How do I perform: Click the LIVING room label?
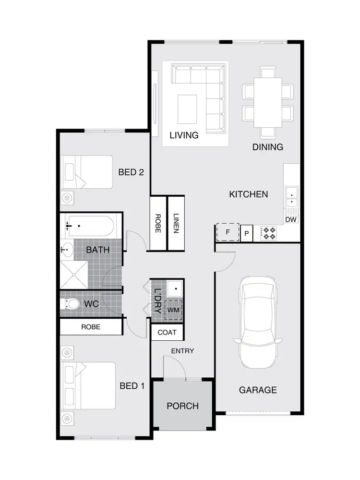tap(184, 135)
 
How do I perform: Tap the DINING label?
tap(268, 147)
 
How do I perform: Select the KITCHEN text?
tap(248, 194)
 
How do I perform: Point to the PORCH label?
tap(182, 406)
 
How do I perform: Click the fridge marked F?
tap(228, 232)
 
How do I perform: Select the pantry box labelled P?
tap(247, 233)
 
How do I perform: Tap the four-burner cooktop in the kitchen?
tap(268, 233)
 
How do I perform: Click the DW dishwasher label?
tap(290, 220)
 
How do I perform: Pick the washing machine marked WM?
tap(174, 310)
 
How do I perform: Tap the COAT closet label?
tap(167, 332)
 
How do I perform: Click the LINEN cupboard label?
tap(176, 223)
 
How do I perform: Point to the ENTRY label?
tap(183, 351)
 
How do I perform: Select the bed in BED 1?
tap(89, 385)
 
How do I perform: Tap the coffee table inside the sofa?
tap(187, 109)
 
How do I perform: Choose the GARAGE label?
tap(258, 390)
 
